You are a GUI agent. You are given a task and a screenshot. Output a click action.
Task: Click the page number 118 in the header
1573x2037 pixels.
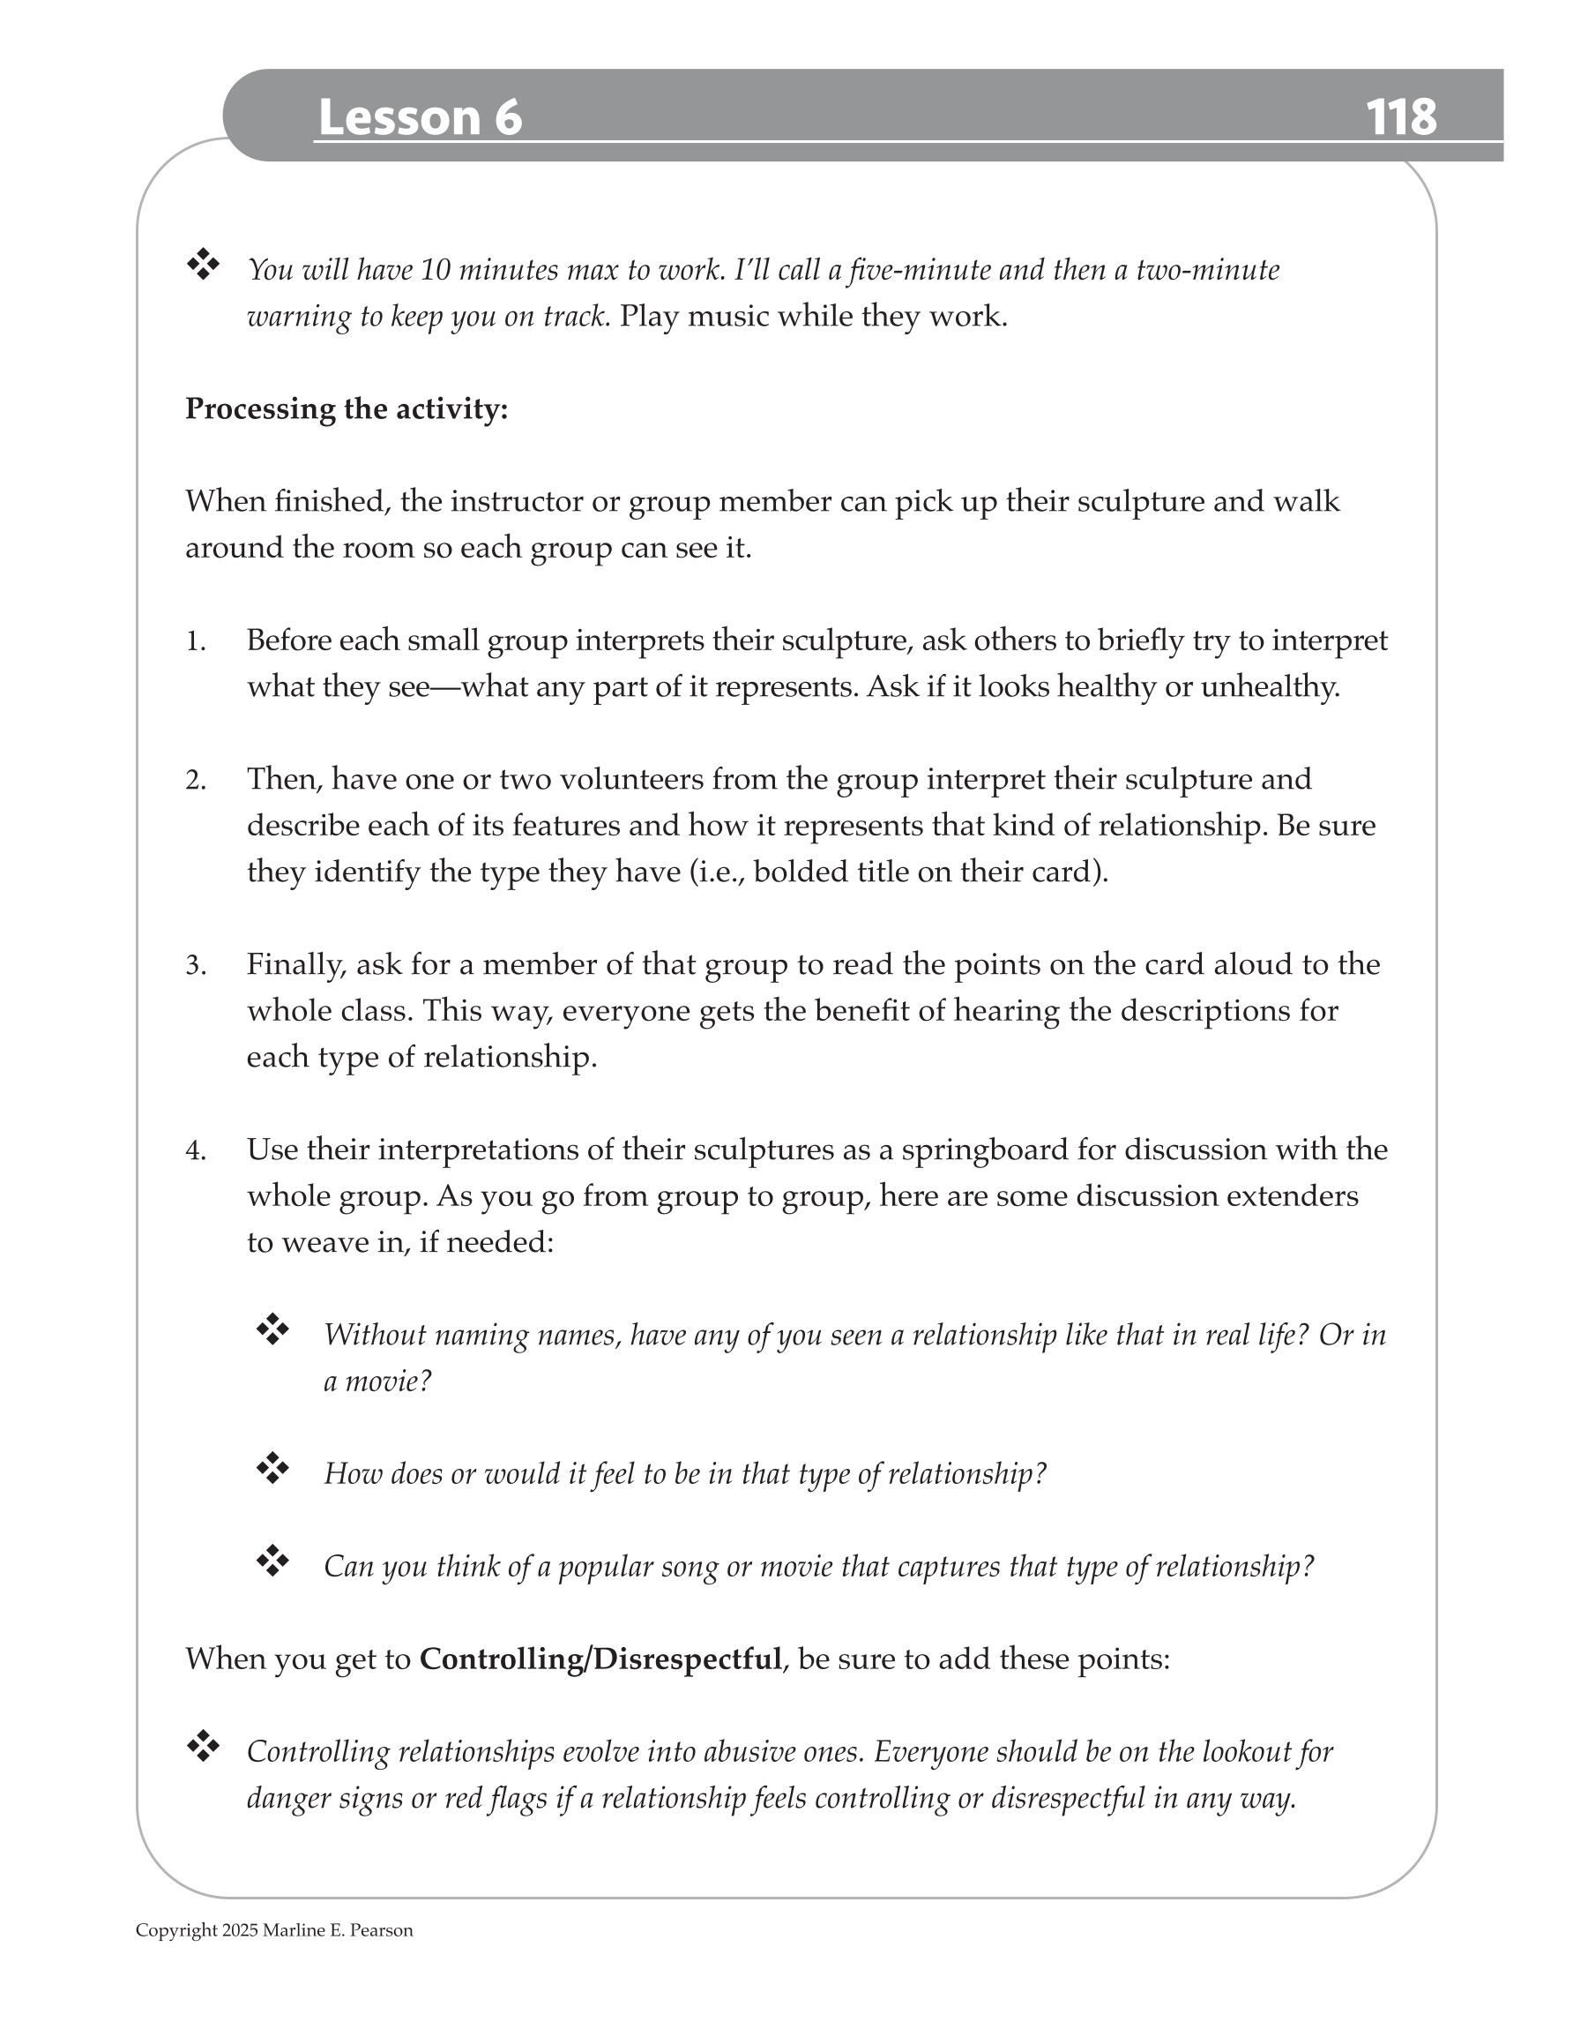point(1400,117)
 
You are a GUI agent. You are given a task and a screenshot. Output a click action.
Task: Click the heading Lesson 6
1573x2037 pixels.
point(420,117)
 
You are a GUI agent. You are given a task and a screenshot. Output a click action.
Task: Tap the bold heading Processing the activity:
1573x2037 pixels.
point(346,408)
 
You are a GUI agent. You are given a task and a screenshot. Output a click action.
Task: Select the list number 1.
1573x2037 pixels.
point(195,641)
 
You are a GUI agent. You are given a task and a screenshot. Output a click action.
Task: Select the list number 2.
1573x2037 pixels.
point(195,780)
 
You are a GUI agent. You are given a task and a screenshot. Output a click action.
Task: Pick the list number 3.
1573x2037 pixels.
point(195,965)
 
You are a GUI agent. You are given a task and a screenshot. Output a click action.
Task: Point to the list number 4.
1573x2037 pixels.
point(195,1151)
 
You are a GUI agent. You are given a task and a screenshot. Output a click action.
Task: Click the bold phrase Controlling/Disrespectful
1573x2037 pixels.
point(600,1659)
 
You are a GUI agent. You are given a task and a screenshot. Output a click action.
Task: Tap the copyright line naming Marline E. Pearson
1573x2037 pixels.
point(274,1930)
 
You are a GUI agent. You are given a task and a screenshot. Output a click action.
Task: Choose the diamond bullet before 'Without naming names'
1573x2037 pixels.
point(272,1329)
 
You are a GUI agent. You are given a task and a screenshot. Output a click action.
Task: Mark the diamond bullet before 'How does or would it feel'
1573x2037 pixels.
point(272,1468)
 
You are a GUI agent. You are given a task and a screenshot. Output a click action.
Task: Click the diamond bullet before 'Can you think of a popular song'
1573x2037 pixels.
point(272,1561)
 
